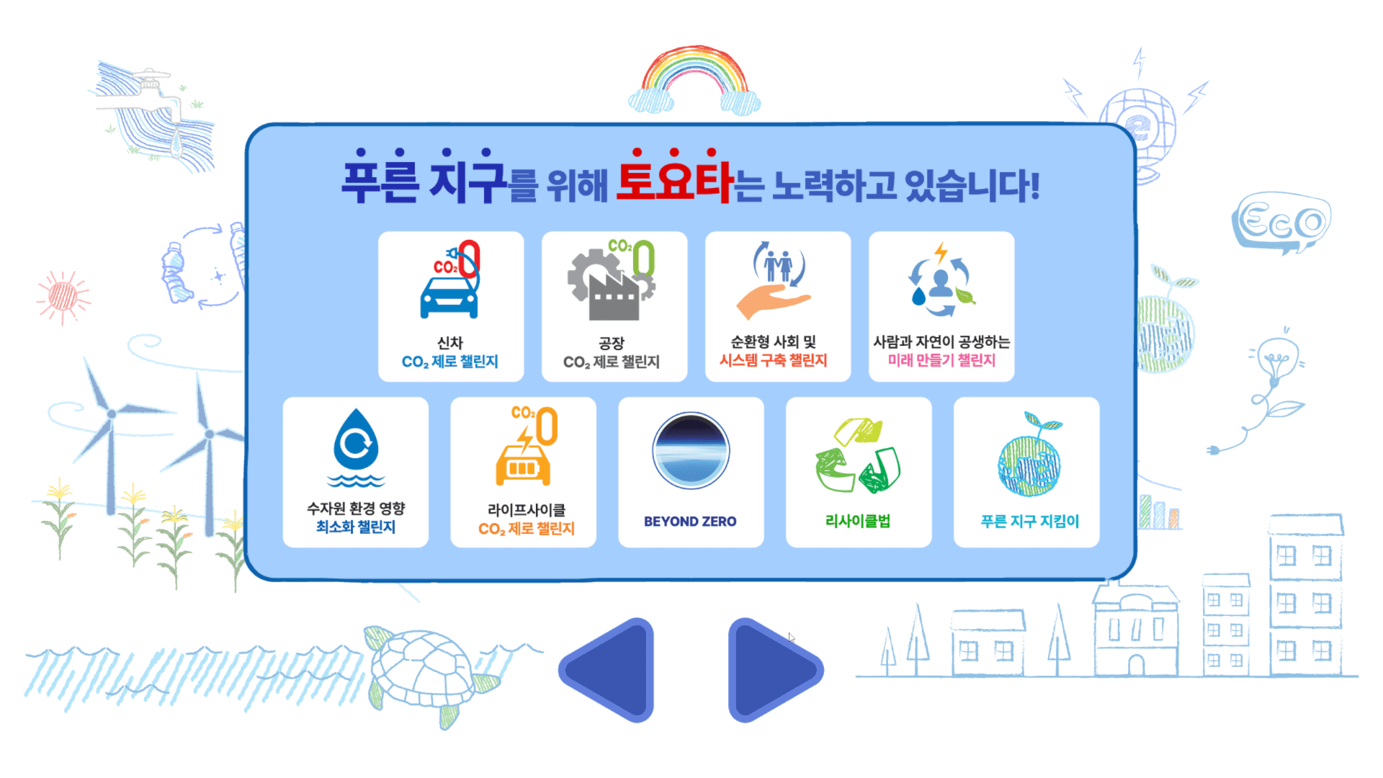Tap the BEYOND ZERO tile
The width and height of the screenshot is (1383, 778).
tap(691, 472)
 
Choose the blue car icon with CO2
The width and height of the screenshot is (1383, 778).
tap(450, 281)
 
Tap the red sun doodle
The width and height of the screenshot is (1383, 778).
tap(63, 295)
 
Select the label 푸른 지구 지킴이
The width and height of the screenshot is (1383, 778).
tap(1029, 522)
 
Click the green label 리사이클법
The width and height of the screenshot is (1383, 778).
tap(858, 522)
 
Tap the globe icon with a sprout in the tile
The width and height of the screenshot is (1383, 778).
tap(1029, 457)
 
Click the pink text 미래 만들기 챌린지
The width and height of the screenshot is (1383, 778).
tap(941, 360)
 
